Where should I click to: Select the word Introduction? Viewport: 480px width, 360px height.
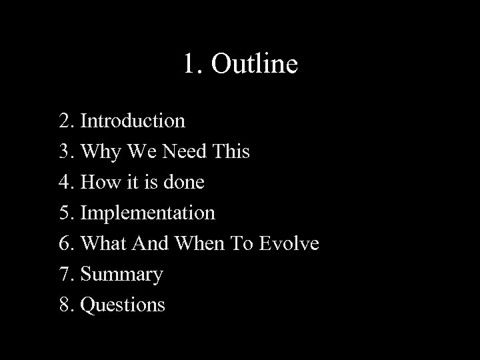pyautogui.click(x=133, y=121)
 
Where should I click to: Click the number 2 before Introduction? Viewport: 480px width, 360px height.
pyautogui.click(x=64, y=121)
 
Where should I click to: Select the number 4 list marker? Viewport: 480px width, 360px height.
pyautogui.click(x=64, y=182)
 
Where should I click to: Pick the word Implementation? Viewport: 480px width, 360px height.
pyautogui.click(x=147, y=213)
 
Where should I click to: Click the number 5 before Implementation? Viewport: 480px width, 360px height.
pyautogui.click(x=64, y=213)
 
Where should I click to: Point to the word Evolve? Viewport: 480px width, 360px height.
pyautogui.click(x=287, y=243)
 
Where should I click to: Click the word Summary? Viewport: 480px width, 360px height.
pyautogui.click(x=121, y=275)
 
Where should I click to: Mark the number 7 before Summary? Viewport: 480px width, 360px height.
pyautogui.click(x=64, y=274)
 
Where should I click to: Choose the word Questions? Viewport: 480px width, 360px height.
pyautogui.click(x=123, y=305)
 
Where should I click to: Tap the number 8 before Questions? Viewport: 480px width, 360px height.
pyautogui.click(x=64, y=305)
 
